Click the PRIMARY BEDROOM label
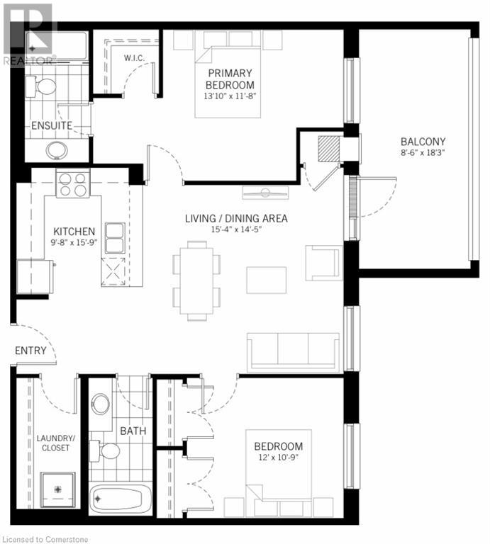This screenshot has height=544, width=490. pos(230,79)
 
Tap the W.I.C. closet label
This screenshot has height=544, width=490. pos(135,58)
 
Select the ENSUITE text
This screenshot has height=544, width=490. pos(52,125)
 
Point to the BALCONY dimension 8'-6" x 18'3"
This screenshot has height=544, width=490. pos(423,152)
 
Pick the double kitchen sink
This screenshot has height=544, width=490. pos(115,238)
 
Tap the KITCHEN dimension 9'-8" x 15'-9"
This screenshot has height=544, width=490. pos(74,242)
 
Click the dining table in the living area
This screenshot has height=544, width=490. pos(196,280)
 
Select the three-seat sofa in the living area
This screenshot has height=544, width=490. pos(293,352)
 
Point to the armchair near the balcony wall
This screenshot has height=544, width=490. pos(323,263)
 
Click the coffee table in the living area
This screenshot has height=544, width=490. pos(267,280)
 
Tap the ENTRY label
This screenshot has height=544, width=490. pos(30,351)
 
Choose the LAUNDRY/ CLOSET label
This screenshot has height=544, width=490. pos(55,443)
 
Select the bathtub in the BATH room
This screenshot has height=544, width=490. pos(121,499)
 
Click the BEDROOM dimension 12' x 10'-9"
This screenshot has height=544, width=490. pos(279,458)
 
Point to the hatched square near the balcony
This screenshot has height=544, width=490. pos(328,149)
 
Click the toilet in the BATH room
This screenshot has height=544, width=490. pos(105,451)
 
